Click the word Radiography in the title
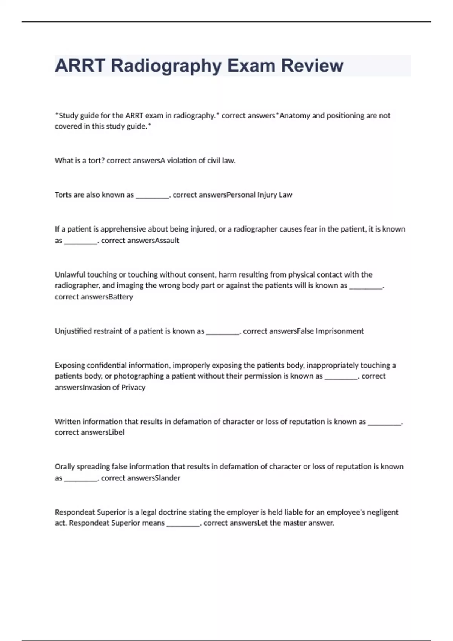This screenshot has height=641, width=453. tap(166, 66)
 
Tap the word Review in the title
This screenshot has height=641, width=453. tap(312, 66)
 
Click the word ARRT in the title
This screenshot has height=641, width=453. tap(80, 66)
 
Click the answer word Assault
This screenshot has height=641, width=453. tap(167, 241)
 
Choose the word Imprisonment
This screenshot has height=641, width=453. tap(340, 331)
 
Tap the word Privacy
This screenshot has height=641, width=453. tap(133, 387)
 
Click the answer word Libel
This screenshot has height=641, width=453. tap(116, 432)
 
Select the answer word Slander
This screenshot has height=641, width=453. tap(168, 478)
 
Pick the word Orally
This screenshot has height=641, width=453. tap(65, 467)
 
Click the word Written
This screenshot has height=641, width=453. tap(68, 422)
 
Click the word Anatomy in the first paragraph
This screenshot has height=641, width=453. tap(294, 116)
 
